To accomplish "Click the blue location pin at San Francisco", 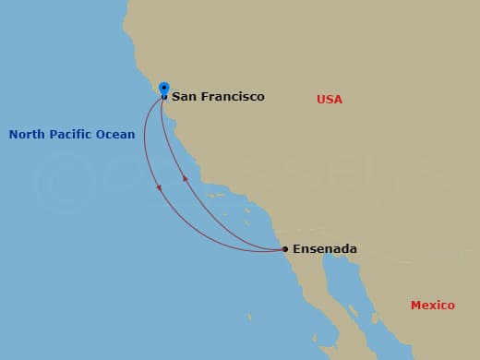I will coord(163,89).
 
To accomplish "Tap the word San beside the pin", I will coord(184,97).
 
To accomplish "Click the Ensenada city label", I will coord(324,249).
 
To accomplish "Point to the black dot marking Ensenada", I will coord(285,249).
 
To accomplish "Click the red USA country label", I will coord(330,99).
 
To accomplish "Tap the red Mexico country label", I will coord(433,306).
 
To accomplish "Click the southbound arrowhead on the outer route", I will coord(160,188).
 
